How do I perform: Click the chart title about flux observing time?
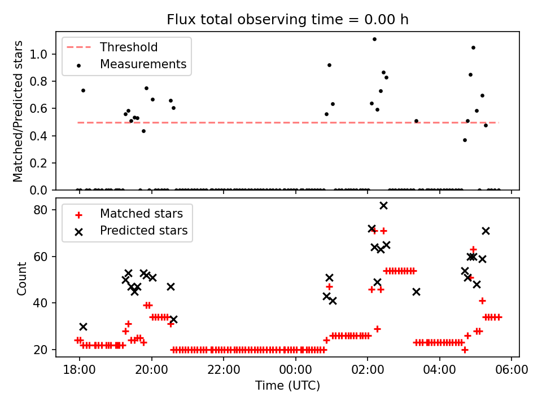pyautogui.click(x=287, y=20)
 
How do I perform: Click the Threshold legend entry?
pyautogui.click(x=129, y=47)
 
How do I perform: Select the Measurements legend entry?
pyautogui.click(x=143, y=64)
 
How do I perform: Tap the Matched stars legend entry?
pyautogui.click(x=141, y=214)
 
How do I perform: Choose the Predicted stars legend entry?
pyautogui.click(x=143, y=231)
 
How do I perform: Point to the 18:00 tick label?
pyautogui.click(x=79, y=370)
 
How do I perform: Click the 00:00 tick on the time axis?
pyautogui.click(x=295, y=370)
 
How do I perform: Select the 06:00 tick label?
pyautogui.click(x=512, y=370)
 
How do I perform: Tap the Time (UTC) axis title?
pyautogui.click(x=287, y=386)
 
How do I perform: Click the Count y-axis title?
pyautogui.click(x=22, y=279)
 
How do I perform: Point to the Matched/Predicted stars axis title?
pyautogui.click(x=19, y=111)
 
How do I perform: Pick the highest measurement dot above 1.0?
pyautogui.click(x=374, y=39)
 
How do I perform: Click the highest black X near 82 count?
pyautogui.click(x=383, y=206)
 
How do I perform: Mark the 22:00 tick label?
pyautogui.click(x=224, y=370)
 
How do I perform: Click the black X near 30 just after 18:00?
pyautogui.click(x=83, y=326)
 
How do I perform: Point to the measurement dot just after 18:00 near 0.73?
pyautogui.click(x=83, y=90)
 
